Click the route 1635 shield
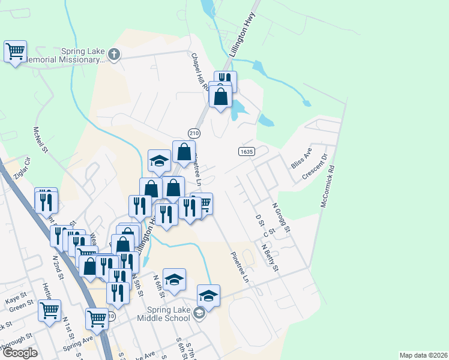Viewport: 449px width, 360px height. (246, 151)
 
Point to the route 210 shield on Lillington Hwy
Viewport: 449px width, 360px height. (194, 133)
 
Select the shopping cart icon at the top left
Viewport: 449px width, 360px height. (15, 51)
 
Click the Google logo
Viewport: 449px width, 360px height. (20, 352)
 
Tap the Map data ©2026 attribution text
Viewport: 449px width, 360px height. (423, 355)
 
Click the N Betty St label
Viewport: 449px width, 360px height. (270, 257)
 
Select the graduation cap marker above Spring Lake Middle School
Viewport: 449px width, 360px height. (208, 295)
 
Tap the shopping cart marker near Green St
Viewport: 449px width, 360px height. (49, 310)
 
